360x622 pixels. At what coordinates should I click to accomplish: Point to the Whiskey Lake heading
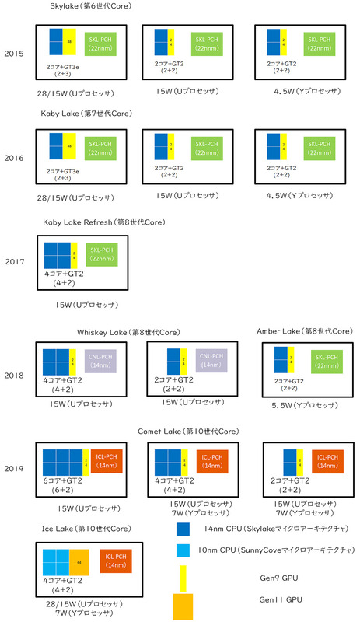tap(128, 332)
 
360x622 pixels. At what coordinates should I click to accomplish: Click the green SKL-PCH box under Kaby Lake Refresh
tap(102, 254)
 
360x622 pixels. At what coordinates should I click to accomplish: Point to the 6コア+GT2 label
tap(63, 481)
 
